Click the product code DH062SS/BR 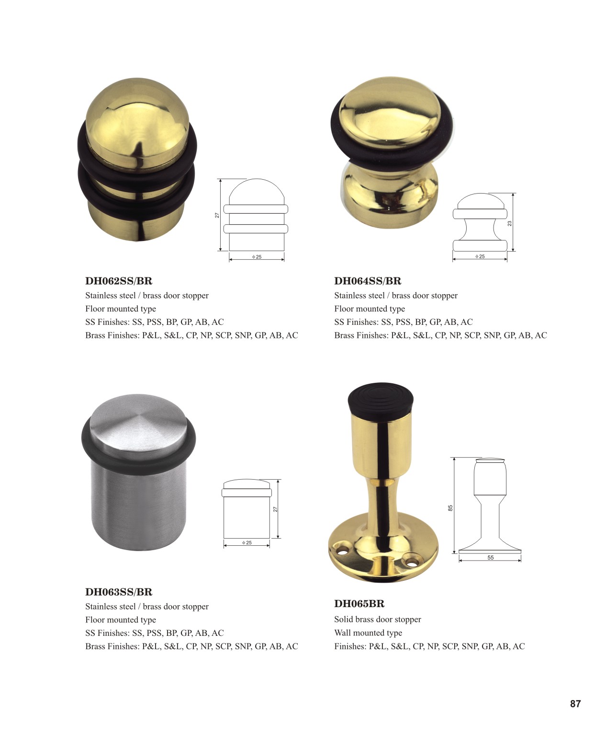[x=119, y=281]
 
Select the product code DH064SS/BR [x=368, y=281]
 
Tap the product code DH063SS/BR [x=119, y=592]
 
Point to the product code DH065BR [x=359, y=604]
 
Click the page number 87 [x=575, y=704]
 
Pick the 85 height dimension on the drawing [x=450, y=508]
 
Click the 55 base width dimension [x=490, y=557]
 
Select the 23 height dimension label [x=509, y=224]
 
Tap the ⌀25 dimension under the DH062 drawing [x=257, y=257]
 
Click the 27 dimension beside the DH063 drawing [x=275, y=509]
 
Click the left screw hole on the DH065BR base [x=341, y=552]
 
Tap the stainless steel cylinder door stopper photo [x=138, y=471]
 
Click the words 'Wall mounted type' [x=368, y=632]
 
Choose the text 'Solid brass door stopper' [x=378, y=619]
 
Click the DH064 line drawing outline [x=480, y=222]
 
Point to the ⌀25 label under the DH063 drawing [x=247, y=542]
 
